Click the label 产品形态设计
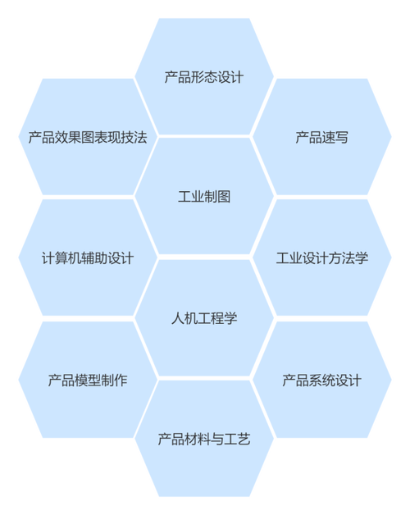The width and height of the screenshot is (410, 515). [204, 78]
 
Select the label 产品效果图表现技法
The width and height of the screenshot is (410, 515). [88, 137]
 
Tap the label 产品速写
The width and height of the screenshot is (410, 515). [321, 137]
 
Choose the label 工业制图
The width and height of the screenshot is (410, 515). [204, 197]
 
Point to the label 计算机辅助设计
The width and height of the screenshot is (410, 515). [88, 258]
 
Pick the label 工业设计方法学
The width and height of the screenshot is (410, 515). [321, 258]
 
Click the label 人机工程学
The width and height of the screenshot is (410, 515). [204, 318]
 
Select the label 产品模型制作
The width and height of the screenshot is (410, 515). [88, 381]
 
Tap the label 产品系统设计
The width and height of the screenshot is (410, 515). [321, 381]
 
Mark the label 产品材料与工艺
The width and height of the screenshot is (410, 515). [204, 439]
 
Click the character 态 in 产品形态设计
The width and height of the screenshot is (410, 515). [211, 78]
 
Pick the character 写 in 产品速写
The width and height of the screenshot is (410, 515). [342, 137]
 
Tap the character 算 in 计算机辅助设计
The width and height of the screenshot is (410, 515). [61, 258]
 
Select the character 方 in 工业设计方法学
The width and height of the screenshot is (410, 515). [335, 258]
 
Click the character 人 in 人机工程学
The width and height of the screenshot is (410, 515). [178, 318]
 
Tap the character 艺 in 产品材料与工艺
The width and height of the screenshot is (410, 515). [244, 439]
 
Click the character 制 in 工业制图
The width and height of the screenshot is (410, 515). [211, 197]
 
